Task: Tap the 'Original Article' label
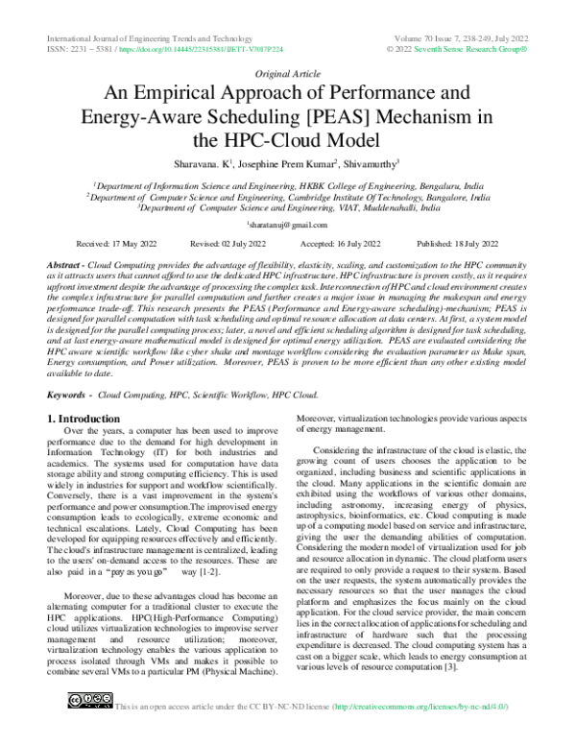pos(288,73)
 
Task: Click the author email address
pos(288,225)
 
